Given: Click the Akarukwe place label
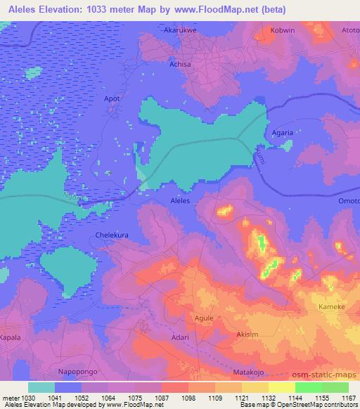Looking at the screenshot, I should point(179,32).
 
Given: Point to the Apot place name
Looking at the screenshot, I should point(113,99).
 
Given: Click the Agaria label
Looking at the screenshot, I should point(282,132).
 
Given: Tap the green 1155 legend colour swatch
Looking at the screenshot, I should point(308,387).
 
